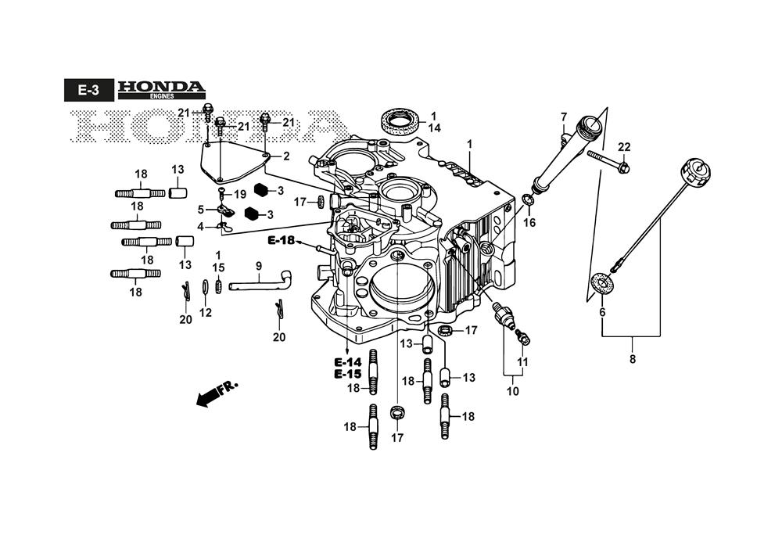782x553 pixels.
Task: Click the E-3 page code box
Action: [x=88, y=91]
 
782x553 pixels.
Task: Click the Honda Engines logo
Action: [x=161, y=90]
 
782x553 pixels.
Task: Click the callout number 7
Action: [x=563, y=117]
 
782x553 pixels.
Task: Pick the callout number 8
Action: [x=632, y=360]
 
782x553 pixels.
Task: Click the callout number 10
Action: [x=512, y=392]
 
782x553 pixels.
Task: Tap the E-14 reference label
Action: [x=348, y=362]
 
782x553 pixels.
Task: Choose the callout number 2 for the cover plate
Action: [x=286, y=156]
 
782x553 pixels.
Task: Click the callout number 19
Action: [x=239, y=194]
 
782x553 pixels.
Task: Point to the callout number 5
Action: [x=200, y=209]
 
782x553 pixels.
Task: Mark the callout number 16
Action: [x=529, y=222]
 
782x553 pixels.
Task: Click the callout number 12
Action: [x=205, y=313]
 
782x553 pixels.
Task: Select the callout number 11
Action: [x=522, y=362]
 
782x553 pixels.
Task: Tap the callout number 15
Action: [x=218, y=268]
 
